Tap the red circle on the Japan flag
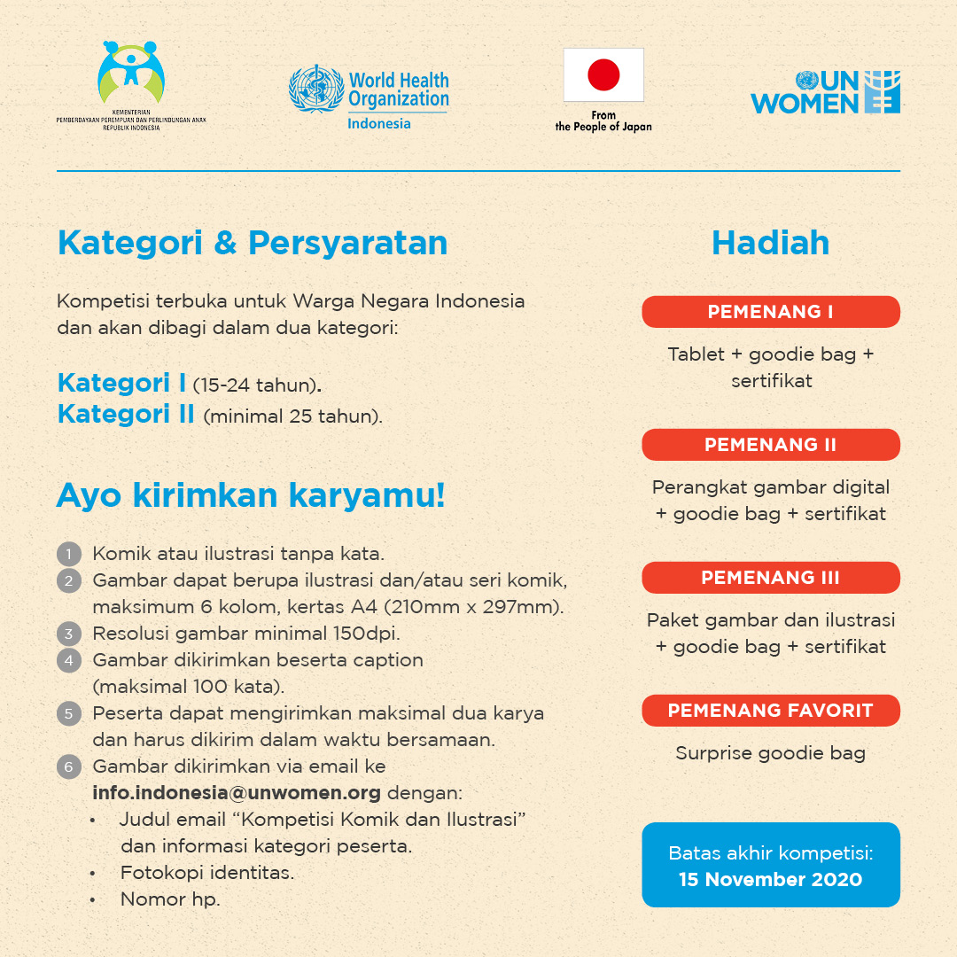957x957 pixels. (x=603, y=75)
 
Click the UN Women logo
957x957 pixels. (x=825, y=92)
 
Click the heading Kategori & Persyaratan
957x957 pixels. (x=253, y=243)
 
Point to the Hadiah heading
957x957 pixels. (x=770, y=243)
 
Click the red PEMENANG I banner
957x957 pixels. (x=770, y=312)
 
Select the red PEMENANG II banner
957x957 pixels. (x=770, y=445)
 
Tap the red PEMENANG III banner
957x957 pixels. (x=770, y=578)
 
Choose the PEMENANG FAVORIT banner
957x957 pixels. (x=770, y=711)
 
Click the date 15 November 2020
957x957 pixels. (x=770, y=880)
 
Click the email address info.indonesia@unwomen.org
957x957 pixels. (x=237, y=792)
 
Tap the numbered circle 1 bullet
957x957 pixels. (x=68, y=556)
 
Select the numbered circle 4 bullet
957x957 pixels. (x=68, y=660)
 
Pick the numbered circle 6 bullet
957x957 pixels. (x=68, y=766)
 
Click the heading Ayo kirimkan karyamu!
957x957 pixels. (x=251, y=496)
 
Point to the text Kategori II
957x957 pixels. (x=126, y=414)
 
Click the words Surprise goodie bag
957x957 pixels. (x=770, y=753)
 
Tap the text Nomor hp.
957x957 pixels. (x=170, y=899)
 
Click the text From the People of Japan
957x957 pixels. (x=603, y=121)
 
